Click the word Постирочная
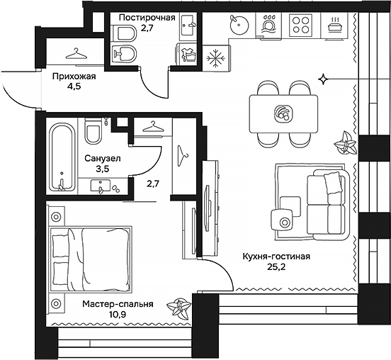[147, 18]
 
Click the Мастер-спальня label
[117, 304]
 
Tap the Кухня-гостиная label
[276, 258]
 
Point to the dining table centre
[283, 112]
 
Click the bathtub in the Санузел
[62, 157]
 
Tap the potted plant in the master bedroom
[178, 309]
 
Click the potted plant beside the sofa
[345, 143]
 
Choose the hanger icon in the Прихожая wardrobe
[74, 55]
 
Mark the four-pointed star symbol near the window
[323, 78]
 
